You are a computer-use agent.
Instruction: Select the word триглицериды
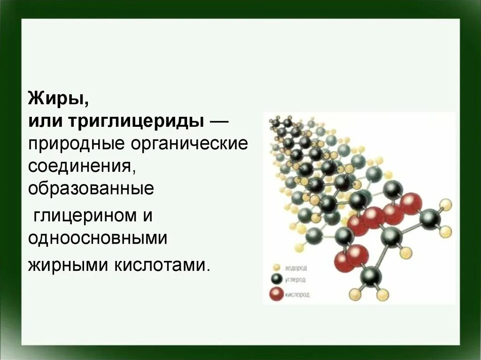pos(137,122)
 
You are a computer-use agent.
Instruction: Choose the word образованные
pos(91,189)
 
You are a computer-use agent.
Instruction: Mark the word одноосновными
pos(98,238)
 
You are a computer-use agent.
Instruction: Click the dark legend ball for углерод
pos(276,280)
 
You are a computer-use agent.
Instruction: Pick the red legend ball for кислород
pos(276,294)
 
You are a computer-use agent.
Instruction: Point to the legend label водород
pos(296,268)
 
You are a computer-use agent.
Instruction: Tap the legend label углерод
pos(295,280)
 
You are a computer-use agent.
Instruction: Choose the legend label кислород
pos(297,295)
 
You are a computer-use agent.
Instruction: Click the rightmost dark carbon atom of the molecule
pos(430,219)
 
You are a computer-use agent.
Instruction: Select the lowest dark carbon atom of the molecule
pos(371,276)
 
